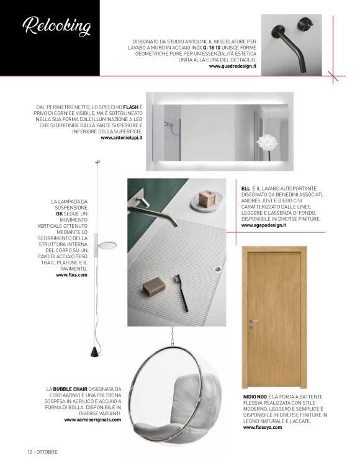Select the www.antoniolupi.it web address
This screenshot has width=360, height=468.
[x=121, y=138]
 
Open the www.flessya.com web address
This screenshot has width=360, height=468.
[x=263, y=428]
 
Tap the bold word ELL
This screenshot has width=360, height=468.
[x=246, y=189]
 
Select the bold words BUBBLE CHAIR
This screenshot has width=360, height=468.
[x=73, y=389]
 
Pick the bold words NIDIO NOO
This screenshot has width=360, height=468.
[x=256, y=395]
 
